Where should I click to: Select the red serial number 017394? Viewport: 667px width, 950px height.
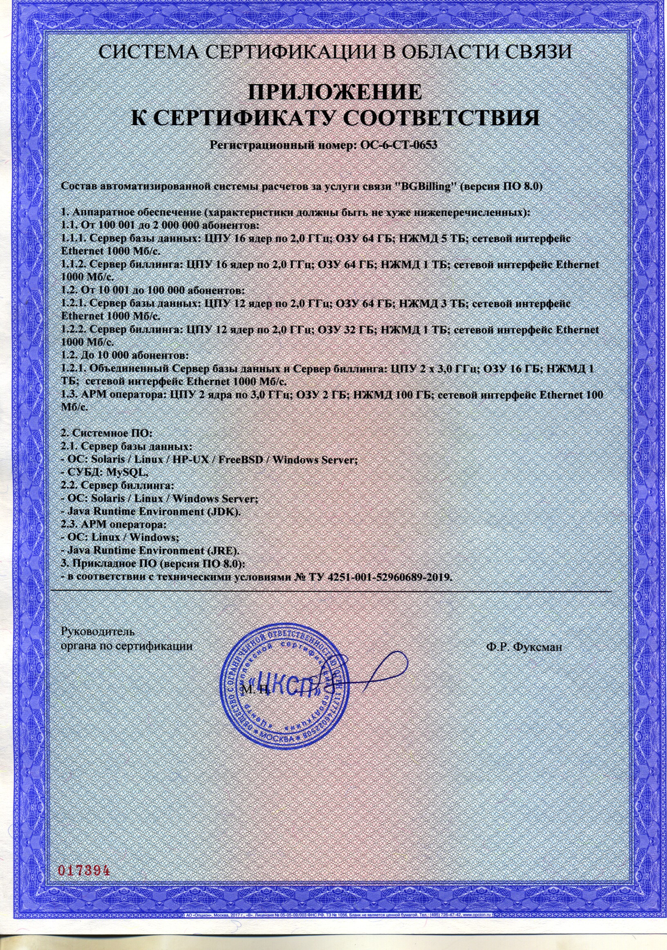84,858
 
